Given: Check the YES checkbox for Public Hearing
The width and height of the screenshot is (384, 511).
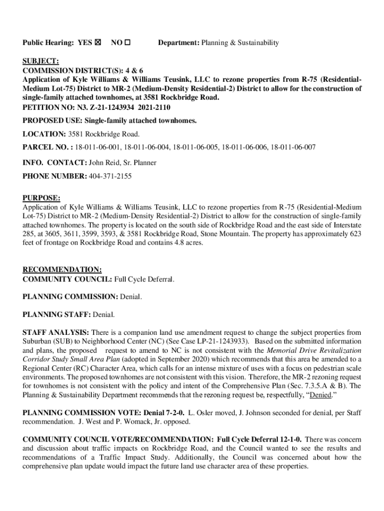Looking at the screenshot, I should click(x=97, y=43).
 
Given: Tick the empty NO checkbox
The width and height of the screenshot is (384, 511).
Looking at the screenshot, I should click(x=128, y=43).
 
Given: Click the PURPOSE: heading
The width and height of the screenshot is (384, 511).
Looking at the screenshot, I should click(x=41, y=198).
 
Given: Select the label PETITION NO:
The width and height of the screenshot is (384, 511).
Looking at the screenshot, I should click(x=46, y=107).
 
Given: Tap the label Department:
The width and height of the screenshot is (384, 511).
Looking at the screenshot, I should click(x=179, y=43).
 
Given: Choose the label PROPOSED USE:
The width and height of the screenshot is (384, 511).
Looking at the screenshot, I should click(x=52, y=121).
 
